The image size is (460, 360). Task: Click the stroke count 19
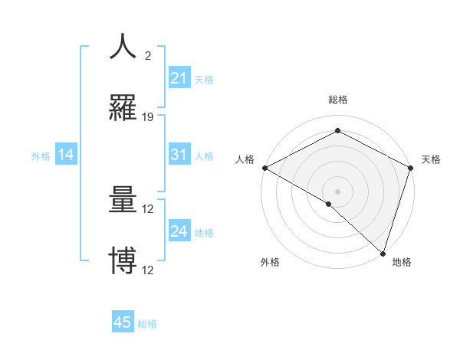pyautogui.click(x=148, y=117)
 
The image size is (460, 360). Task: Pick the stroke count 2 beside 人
pyautogui.click(x=147, y=56)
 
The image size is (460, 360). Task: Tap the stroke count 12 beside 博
pyautogui.click(x=148, y=270)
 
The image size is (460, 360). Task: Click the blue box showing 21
pyautogui.click(x=179, y=78)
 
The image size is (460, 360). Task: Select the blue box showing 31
pyautogui.click(x=179, y=155)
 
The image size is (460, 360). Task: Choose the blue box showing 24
pyautogui.click(x=179, y=231)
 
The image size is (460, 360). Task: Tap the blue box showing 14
pyautogui.click(x=66, y=155)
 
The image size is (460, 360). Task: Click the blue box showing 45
pyautogui.click(x=123, y=322)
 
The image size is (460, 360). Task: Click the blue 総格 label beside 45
pyautogui.click(x=147, y=324)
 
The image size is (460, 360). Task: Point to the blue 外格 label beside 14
pyautogui.click(x=41, y=156)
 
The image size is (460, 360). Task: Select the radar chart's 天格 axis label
pyautogui.click(x=432, y=159)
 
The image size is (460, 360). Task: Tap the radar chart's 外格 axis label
pyautogui.click(x=270, y=263)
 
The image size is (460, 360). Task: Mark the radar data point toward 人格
pyautogui.click(x=264, y=168)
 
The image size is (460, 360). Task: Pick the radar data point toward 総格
pyautogui.click(x=337, y=131)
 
